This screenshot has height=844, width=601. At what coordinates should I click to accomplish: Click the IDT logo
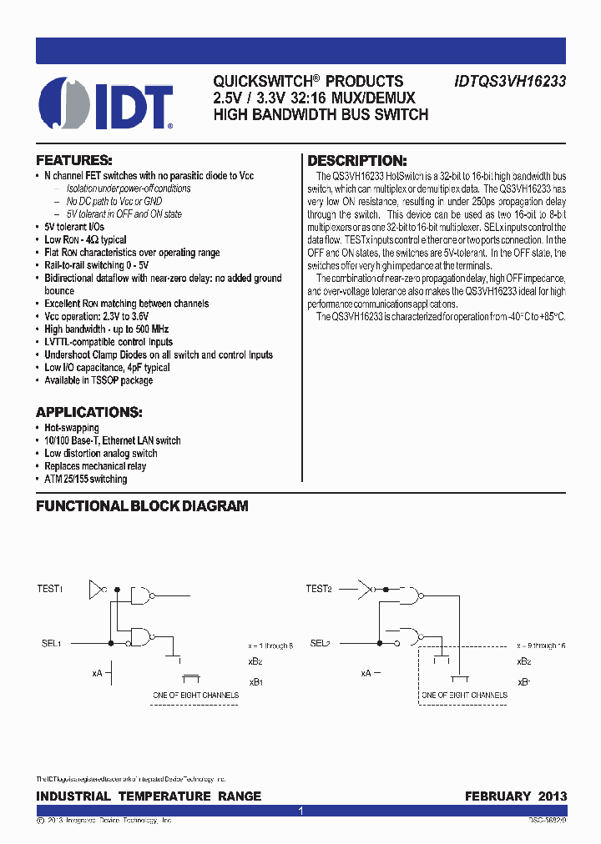coord(106,103)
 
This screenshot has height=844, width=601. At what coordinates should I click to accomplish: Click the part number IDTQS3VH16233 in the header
coord(510,82)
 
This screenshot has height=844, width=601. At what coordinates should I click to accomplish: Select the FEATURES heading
coord(73,160)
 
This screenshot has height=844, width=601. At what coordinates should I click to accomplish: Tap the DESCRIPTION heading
coord(357,161)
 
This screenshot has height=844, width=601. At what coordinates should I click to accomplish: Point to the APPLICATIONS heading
coord(88,412)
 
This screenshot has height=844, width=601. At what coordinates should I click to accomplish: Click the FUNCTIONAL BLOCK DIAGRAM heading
coord(142,506)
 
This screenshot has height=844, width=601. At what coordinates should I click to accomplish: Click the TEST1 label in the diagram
coord(50,589)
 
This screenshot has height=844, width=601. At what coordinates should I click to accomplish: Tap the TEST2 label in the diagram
coord(319,589)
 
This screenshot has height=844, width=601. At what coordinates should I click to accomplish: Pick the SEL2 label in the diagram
coord(321,643)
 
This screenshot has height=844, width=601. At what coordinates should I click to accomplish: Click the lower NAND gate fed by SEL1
coord(141,638)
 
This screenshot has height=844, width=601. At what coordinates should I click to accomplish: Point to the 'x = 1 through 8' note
coord(270,646)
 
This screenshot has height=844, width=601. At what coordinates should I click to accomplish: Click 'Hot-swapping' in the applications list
coord(72,428)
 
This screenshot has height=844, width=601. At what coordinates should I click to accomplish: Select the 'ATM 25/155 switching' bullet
coord(86,480)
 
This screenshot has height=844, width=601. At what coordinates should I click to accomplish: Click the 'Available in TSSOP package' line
coord(98,380)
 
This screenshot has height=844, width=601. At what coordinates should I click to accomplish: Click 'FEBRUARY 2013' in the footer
coord(516,796)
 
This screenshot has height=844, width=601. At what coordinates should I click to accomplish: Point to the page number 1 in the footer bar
coord(300,811)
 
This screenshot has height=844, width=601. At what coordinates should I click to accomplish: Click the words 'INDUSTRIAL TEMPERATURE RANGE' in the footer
coord(149,796)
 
